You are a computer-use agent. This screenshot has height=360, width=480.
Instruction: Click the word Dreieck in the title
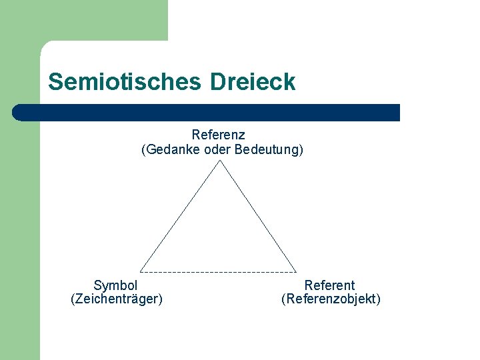pos(253,82)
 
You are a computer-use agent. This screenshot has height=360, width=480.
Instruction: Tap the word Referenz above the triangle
pos(219,135)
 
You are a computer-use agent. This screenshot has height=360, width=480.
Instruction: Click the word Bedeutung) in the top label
pos(269,150)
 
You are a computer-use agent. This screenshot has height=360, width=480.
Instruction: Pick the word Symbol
pos(116,285)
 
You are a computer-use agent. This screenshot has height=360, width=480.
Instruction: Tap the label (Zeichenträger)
pos(117,299)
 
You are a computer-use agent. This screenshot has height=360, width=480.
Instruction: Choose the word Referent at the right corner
pos(330,285)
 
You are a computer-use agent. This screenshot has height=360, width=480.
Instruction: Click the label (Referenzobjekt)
pos(331,299)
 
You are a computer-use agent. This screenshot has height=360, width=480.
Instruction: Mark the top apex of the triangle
pos(219,161)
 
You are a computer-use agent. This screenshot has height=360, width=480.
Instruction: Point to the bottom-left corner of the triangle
pos(141,272)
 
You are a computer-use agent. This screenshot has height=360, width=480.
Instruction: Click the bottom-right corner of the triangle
pos(296,272)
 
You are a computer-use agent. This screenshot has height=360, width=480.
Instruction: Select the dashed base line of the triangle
pos(219,272)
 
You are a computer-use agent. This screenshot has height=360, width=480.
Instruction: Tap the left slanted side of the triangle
pos(180,216)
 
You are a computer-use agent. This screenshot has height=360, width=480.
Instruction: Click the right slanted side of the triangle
pos(258,216)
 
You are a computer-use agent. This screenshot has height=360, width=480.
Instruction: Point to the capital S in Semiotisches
pos(55,82)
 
